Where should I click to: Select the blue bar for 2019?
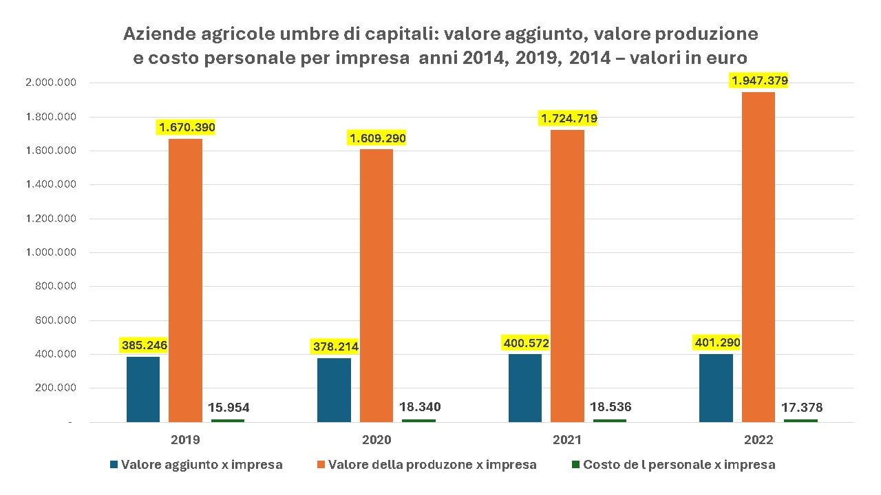pos(143,389)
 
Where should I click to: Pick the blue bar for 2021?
pos(525,388)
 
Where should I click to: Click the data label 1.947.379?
pos(760,81)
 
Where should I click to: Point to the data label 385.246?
pos(145,345)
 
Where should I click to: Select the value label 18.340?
pos(420,407)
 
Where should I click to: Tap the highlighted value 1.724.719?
pos(568,119)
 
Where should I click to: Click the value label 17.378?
pos(802,408)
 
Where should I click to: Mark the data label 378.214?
pos(335,347)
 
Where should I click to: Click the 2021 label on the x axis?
pos(567,440)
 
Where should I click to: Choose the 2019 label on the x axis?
pos(186,440)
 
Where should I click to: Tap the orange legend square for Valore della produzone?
pos(320,465)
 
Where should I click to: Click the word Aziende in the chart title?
pos(154,34)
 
